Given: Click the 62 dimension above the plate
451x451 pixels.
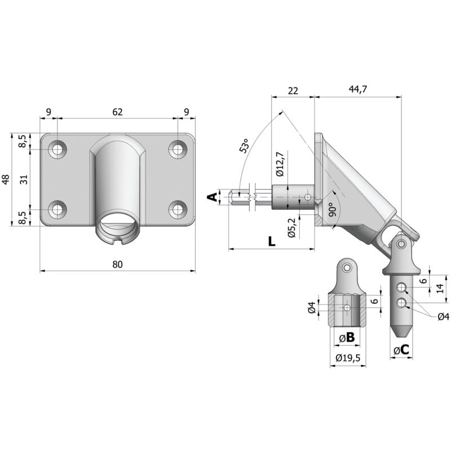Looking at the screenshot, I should click(x=117, y=112).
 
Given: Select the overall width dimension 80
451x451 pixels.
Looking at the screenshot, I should click(x=117, y=264).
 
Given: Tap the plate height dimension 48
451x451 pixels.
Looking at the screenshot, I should click(x=6, y=180).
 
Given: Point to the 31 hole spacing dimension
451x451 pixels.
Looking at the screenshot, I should click(x=24, y=180).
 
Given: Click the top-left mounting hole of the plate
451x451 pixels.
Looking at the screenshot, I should click(x=57, y=149).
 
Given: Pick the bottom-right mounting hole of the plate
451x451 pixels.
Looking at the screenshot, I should click(x=178, y=209).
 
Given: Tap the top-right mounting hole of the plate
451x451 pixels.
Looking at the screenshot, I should click(x=178, y=149).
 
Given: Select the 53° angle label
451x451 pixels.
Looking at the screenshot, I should click(x=244, y=146).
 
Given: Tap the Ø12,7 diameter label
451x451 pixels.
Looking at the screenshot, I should click(x=280, y=165).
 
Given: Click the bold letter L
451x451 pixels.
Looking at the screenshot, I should click(x=271, y=241).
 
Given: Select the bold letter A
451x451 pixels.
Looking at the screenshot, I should click(x=211, y=197).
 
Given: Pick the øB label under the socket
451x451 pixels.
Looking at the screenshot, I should click(x=347, y=338).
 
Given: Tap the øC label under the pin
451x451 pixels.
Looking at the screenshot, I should click(x=401, y=351).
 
